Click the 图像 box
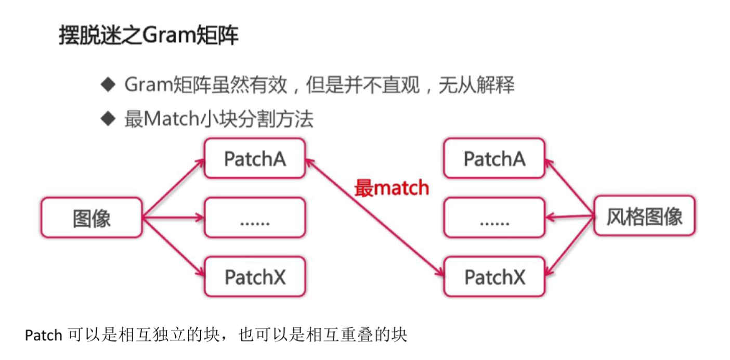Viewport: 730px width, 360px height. point(92,218)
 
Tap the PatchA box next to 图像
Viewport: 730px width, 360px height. point(255,158)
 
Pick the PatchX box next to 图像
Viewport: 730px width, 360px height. point(255,277)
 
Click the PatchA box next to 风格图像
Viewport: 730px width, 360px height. point(494,158)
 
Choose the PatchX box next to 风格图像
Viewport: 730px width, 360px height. point(494,277)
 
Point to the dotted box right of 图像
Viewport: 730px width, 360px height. point(255,218)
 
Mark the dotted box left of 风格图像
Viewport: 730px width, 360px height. point(494,218)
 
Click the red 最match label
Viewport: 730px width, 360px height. point(392,188)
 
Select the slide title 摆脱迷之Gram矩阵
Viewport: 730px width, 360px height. point(149,35)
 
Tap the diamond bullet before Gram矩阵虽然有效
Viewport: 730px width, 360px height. point(107,84)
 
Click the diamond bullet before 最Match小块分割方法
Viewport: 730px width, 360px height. point(107,119)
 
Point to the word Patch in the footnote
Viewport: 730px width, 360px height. point(44,336)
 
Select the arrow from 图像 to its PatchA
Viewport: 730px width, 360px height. point(173,188)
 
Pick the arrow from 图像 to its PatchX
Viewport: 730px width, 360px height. point(173,247)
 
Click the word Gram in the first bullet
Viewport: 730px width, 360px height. point(148,85)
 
